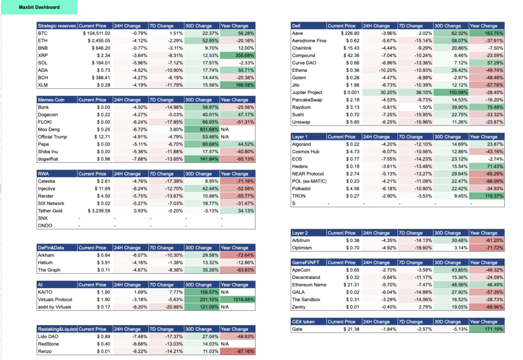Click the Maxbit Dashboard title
pyautogui.click(x=39, y=7)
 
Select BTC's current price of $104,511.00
pyautogui.click(x=97, y=33)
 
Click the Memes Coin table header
pyautogui.click(x=51, y=100)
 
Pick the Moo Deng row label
pyautogui.click(x=49, y=129)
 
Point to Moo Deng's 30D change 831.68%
pyautogui.click(x=209, y=129)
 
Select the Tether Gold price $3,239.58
pyautogui.click(x=99, y=211)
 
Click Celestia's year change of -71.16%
pyautogui.click(x=245, y=181)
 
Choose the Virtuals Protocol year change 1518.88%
pyautogui.click(x=243, y=300)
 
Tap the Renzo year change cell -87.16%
pyautogui.click(x=245, y=351)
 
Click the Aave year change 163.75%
pyautogui.click(x=494, y=33)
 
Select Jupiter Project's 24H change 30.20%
pyautogui.click(x=388, y=92)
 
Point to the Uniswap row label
pyautogui.click(x=301, y=122)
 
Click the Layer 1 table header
pyautogui.click(x=299, y=137)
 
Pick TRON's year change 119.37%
pyautogui.click(x=494, y=196)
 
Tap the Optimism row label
pyautogui.click(x=302, y=248)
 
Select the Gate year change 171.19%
pyautogui.click(x=494, y=329)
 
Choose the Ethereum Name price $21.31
pyautogui.click(x=351, y=284)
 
